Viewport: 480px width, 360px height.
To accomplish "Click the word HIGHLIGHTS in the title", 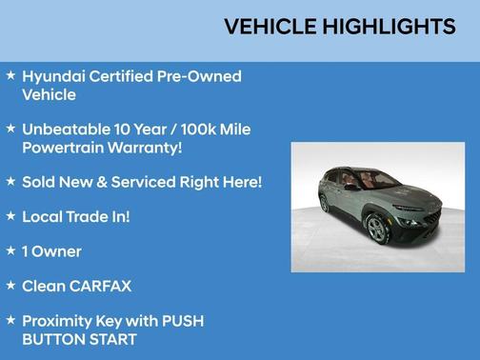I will point(388,28).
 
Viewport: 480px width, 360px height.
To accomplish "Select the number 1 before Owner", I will point(25,251).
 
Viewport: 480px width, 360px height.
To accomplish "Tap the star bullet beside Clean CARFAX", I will point(10,285).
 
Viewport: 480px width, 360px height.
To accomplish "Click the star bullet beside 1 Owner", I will point(10,250).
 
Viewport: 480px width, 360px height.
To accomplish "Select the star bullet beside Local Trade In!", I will point(10,215).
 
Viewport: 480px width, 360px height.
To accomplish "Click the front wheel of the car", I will point(377,228).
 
